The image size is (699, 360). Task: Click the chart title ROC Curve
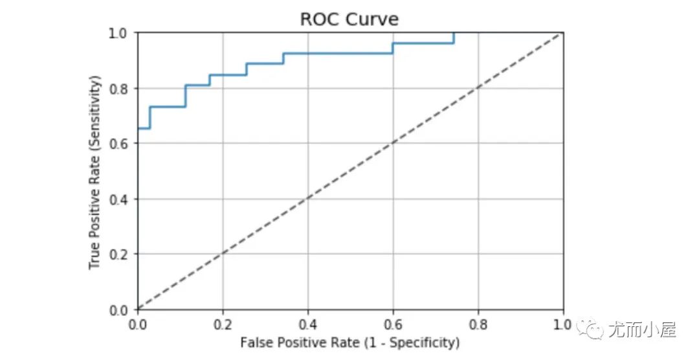[349, 19]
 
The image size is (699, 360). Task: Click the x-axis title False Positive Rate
[349, 342]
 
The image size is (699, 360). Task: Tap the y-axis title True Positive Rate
[96, 172]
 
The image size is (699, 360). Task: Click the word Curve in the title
[375, 19]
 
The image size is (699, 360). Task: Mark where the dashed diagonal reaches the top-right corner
[562, 33]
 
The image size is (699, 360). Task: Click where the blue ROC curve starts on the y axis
[138, 128]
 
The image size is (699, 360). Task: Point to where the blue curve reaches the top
[454, 33]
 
